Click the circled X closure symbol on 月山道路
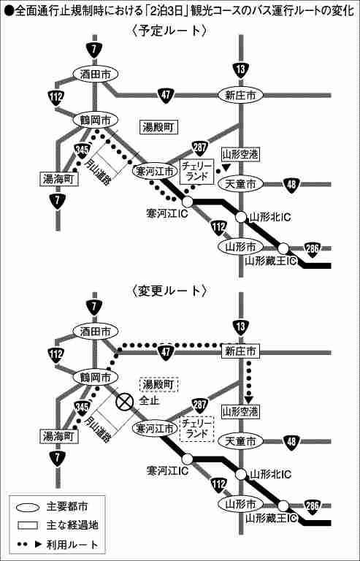coord(125,402)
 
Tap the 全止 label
coord(149,400)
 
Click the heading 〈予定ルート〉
coord(169,31)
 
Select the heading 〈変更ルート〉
coord(169,291)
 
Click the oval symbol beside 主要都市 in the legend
coord(28,508)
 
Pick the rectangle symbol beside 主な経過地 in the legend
coord(28,526)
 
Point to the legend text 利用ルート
coord(72,545)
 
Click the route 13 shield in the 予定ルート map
coord(240,70)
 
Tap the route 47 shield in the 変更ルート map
coord(166,352)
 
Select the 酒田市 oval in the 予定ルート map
coord(95,74)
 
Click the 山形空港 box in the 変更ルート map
coord(240,412)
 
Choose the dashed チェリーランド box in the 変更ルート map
coord(196,429)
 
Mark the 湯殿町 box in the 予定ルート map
coord(158,127)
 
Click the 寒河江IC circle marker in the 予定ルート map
coord(188,202)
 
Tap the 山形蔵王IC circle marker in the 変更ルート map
coord(283,506)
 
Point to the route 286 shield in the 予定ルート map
coord(313,249)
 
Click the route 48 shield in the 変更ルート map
coord(291,441)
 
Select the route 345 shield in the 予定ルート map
coord(82,150)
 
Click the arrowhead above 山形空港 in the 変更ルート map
coord(248,399)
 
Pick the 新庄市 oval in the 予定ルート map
coord(240,95)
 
